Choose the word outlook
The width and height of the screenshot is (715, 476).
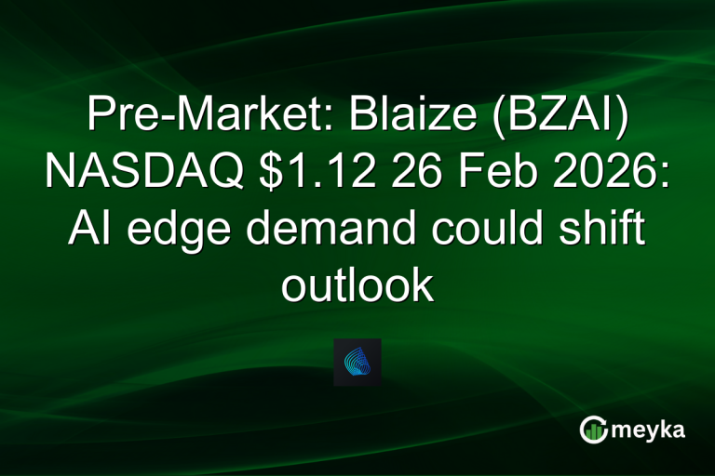(x=357, y=285)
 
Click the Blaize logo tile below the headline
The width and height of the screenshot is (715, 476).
(x=357, y=362)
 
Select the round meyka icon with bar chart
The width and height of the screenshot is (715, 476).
(x=593, y=430)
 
